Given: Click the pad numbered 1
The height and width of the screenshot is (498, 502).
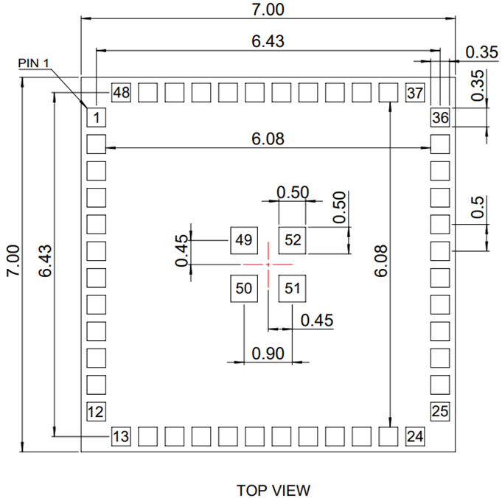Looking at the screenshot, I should click(97, 117).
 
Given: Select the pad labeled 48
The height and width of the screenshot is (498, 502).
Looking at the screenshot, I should click(121, 93).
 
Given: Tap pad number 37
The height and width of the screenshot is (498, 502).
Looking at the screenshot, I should click(415, 93).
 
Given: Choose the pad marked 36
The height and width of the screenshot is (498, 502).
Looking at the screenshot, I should click(440, 117).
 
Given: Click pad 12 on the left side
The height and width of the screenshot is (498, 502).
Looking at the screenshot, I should click(97, 411).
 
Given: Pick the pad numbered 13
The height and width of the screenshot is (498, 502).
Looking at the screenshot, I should click(121, 436).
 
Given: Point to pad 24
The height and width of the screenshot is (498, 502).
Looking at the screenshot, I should click(415, 436).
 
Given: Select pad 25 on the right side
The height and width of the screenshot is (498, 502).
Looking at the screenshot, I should click(440, 411).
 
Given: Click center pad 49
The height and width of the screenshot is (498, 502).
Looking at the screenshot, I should click(243, 239).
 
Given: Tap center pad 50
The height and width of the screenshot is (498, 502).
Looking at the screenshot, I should click(243, 288).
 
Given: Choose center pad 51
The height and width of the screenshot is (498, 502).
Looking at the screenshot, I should click(292, 288).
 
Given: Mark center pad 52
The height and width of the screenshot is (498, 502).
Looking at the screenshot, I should click(292, 239).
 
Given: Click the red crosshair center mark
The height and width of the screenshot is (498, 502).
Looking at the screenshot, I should click(268, 264).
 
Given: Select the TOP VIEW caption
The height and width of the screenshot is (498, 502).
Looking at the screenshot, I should click(273, 490).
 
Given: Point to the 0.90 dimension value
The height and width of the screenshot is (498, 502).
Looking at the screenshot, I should click(268, 354).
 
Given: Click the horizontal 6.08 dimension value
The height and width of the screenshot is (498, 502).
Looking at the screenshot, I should click(268, 138).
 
